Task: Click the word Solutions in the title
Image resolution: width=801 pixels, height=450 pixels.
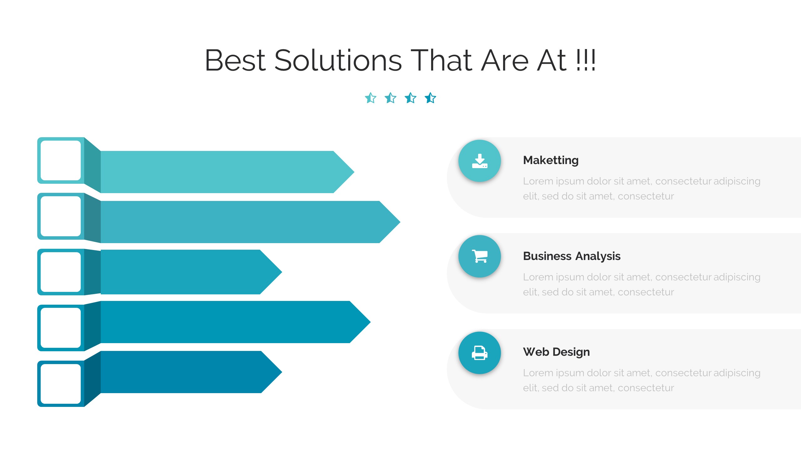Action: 338,60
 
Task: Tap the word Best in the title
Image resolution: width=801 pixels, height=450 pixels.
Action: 235,60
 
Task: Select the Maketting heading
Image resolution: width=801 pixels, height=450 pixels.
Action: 551,160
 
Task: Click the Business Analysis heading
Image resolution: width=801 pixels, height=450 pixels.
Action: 572,256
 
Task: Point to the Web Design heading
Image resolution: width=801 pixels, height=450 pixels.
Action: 556,352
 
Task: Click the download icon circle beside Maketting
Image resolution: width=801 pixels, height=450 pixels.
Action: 480,161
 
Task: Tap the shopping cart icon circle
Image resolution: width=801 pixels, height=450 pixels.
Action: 480,256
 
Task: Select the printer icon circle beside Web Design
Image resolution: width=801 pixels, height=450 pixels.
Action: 480,353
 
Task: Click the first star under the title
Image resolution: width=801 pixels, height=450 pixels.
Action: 371,98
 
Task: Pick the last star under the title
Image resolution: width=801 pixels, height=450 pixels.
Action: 431,98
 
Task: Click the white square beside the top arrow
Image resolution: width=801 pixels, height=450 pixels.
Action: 61,160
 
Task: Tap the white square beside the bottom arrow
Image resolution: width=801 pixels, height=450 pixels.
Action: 61,384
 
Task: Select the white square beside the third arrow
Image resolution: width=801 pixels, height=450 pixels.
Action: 61,272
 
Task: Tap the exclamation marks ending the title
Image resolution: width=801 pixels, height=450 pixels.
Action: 586,60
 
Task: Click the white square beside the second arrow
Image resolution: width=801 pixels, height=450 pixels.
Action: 61,216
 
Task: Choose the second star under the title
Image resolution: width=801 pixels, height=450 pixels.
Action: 390,98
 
